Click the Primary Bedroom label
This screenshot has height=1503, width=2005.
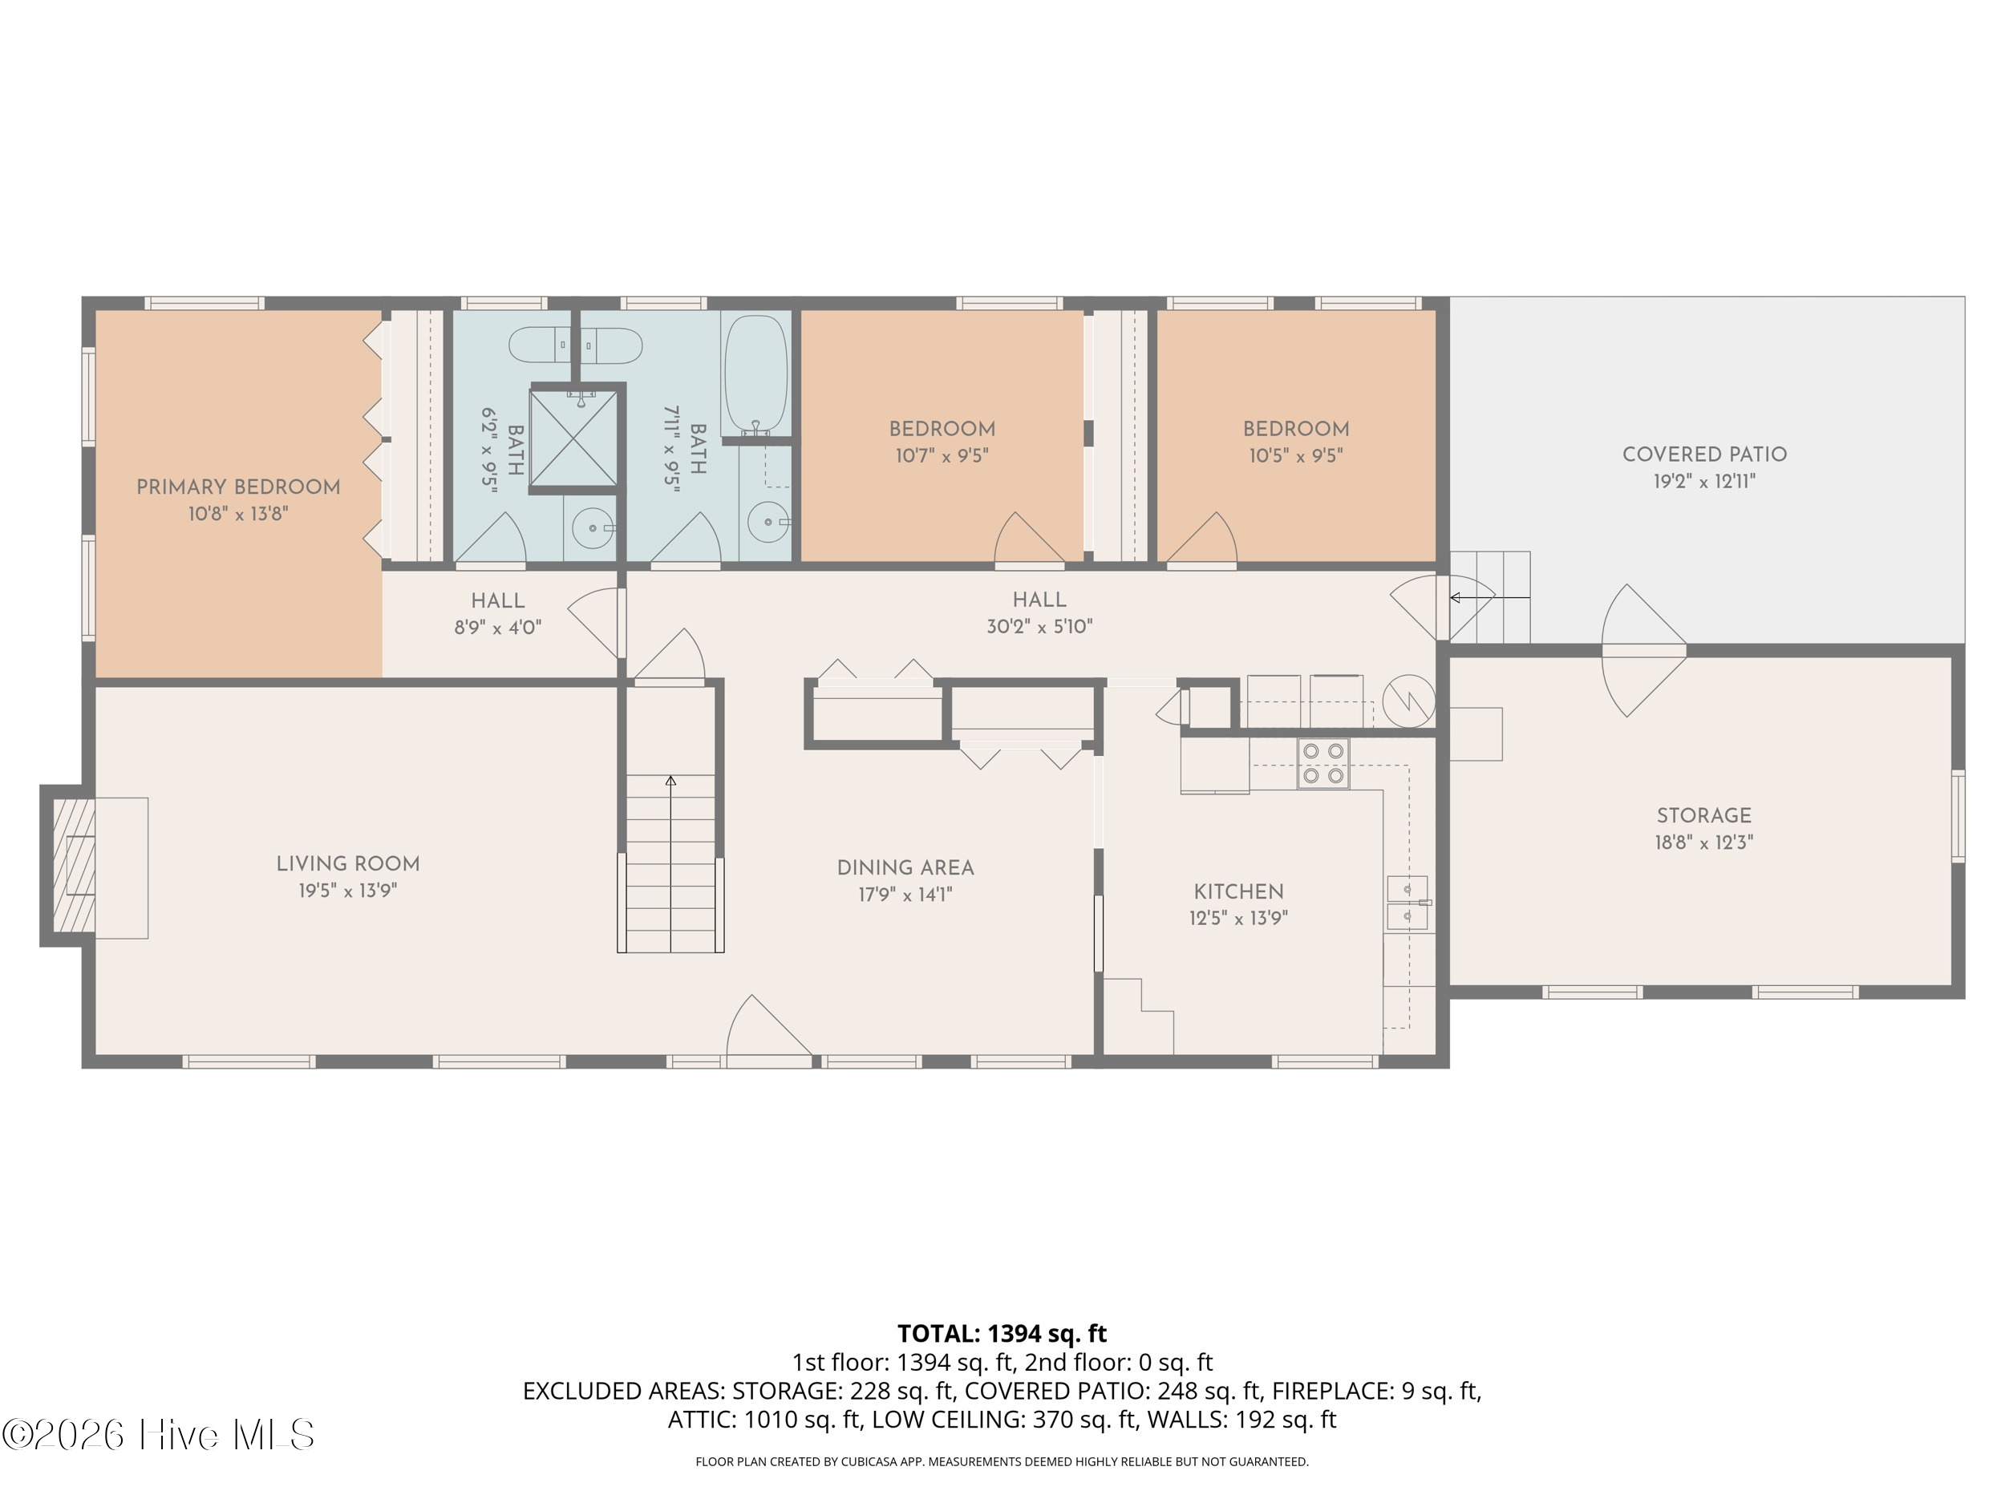click(x=238, y=487)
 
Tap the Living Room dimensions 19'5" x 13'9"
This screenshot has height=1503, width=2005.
click(x=348, y=891)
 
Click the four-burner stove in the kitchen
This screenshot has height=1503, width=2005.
click(x=1322, y=764)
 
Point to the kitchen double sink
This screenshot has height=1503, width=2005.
click(x=1407, y=903)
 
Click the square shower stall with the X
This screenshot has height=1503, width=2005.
click(x=573, y=439)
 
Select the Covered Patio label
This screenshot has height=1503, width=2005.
click(x=1704, y=454)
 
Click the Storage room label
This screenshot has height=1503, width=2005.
click(x=1704, y=815)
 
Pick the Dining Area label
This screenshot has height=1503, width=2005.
click(x=905, y=868)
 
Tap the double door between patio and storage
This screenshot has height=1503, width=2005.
click(x=1644, y=650)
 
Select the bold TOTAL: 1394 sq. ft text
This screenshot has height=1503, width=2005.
click(x=1002, y=1334)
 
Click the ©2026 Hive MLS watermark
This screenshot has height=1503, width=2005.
click(x=158, y=1434)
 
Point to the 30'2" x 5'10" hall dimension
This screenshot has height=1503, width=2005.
click(x=1039, y=626)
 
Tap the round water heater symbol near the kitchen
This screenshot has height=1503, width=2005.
click(x=1408, y=701)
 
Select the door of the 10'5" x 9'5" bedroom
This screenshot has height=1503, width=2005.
click(x=1201, y=541)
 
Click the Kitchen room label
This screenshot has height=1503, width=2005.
click(x=1238, y=891)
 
